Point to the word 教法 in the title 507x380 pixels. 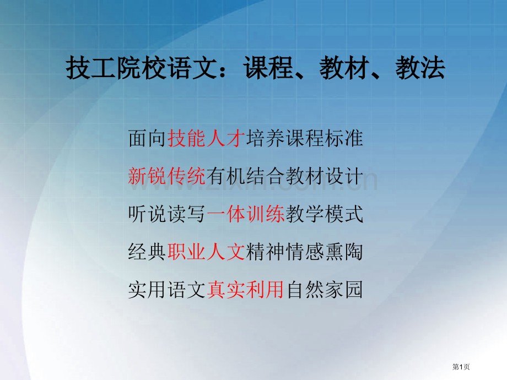coord(420,69)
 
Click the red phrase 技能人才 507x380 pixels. coord(206,138)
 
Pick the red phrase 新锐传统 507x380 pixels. coord(166,176)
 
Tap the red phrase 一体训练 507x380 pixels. coord(245,213)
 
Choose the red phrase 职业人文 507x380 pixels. coord(206,251)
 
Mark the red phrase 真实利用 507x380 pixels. coord(245,289)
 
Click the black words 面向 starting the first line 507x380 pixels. coord(147,138)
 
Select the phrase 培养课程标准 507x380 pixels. coord(304,138)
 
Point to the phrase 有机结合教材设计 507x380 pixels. coord(285,176)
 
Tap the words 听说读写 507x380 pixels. coord(167,213)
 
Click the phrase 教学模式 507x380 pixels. coord(324,213)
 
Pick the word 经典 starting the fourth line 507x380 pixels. coord(147,251)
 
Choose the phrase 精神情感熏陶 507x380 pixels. coord(304,251)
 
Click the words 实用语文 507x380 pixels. coord(167,289)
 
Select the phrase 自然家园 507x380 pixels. coord(324,289)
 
